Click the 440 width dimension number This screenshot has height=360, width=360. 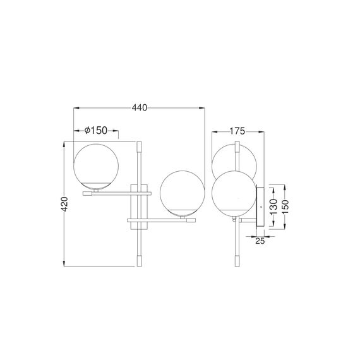(x=140, y=107)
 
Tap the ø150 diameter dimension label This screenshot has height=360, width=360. (x=95, y=130)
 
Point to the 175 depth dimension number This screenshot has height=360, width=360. (x=237, y=131)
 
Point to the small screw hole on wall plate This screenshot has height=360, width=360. (x=261, y=208)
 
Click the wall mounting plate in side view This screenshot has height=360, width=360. (x=261, y=208)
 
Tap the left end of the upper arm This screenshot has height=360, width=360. (x=83, y=194)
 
